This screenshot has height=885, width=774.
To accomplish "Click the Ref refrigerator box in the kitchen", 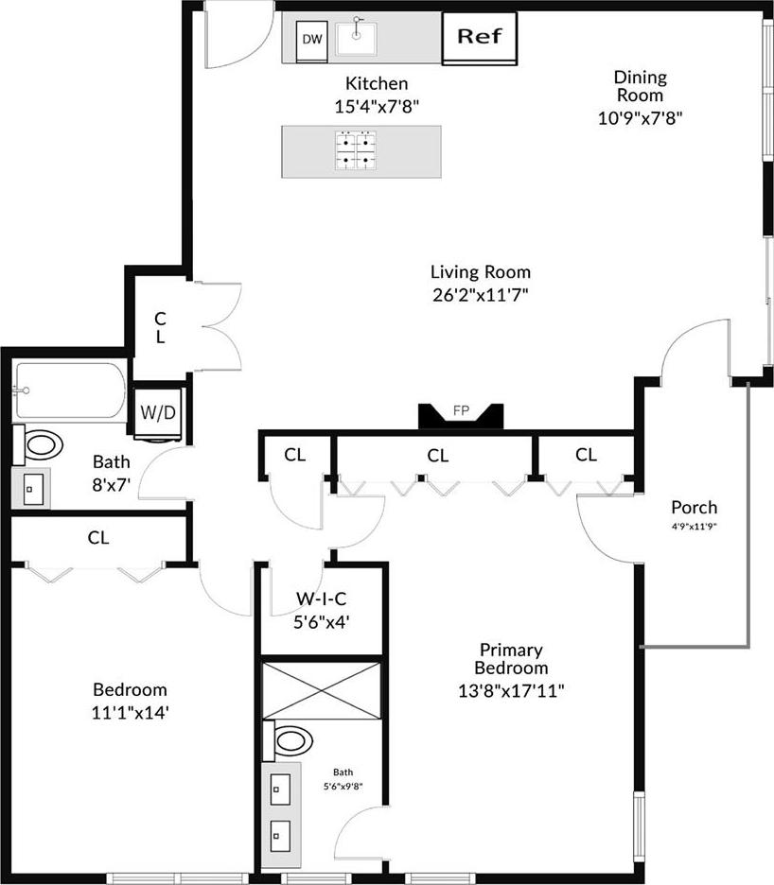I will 480,38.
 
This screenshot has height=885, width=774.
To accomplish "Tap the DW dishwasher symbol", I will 311,40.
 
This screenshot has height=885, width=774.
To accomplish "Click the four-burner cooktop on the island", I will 355,150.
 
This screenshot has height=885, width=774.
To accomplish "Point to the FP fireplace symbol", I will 462,413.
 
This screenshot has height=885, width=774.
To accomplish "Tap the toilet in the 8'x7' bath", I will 41,443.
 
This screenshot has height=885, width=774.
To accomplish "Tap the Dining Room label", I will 641,86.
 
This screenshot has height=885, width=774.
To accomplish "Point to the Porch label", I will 694,508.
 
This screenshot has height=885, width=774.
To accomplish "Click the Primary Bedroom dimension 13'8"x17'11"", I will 510,689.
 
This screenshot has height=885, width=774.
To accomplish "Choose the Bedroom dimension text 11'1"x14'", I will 130,712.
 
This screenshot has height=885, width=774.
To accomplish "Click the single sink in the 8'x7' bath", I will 33,489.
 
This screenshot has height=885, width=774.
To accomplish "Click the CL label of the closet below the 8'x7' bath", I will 98,538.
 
